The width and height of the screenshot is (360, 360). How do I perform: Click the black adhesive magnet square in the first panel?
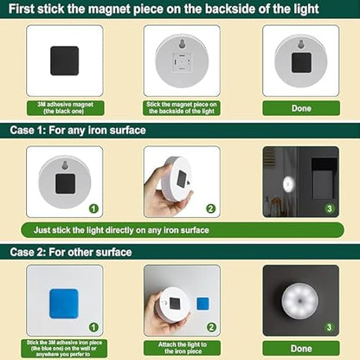64,60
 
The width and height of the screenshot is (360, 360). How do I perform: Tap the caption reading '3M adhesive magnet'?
65,108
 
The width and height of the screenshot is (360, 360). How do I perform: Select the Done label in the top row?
300,108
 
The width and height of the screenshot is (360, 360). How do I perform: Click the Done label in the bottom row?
300,349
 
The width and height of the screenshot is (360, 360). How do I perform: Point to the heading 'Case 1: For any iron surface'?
78,130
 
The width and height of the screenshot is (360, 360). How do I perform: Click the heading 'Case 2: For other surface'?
71,252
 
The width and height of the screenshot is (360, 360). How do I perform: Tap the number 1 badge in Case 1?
93,209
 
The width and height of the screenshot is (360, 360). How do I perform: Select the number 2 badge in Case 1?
211,209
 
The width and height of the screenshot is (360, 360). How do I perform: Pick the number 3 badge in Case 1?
329,209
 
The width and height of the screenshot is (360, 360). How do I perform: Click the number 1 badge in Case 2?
93,328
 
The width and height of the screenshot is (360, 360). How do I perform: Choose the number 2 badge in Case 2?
211,328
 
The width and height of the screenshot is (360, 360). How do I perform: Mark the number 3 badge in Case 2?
329,326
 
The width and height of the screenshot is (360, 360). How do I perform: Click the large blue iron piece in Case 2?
64,302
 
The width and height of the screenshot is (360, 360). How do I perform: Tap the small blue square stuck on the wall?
202,304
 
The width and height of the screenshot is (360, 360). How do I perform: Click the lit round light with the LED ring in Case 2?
299,303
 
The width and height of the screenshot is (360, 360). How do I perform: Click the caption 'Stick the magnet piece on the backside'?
182,108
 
